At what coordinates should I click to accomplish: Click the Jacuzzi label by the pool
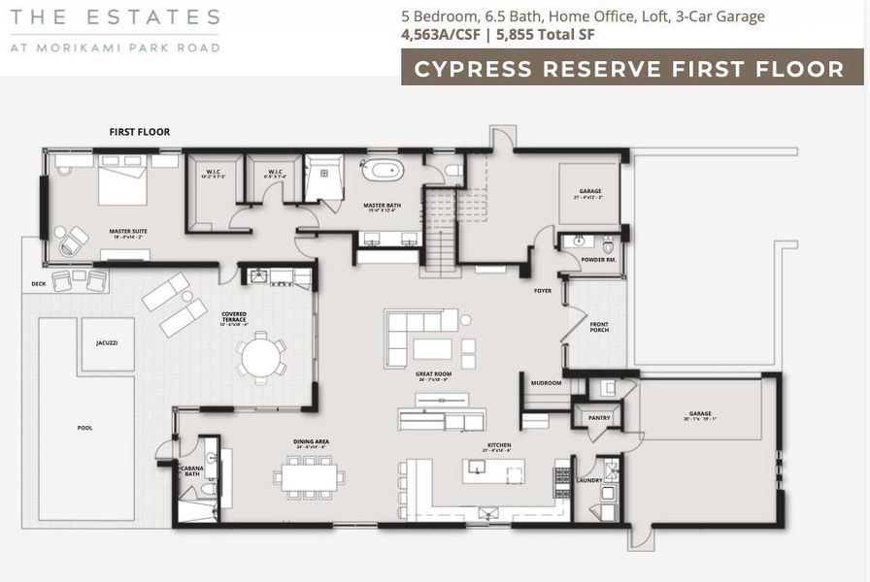coord(107,343)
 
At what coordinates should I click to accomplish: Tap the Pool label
coord(85,427)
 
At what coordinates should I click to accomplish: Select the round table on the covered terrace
coord(261,356)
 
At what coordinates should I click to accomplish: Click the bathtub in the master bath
coord(384,170)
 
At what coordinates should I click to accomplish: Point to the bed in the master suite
coord(121,184)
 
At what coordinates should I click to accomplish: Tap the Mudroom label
coord(546,383)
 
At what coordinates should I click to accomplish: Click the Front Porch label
coord(600,330)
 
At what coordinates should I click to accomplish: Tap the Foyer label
coord(543,291)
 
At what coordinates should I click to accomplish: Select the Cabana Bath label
coord(191,472)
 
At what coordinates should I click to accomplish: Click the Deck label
coord(38,284)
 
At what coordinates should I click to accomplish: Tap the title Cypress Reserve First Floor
coord(628,69)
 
